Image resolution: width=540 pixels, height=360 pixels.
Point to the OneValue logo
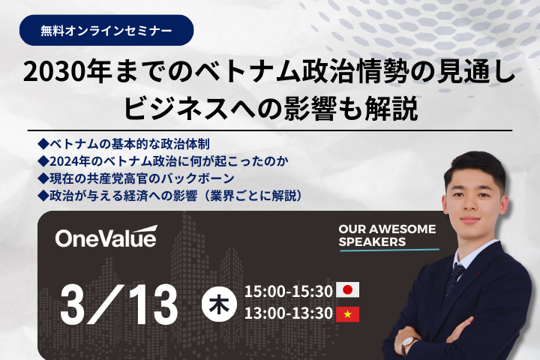coord(106,238)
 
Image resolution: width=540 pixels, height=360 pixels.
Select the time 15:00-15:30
coord(289,290)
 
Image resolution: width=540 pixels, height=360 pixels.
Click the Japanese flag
coord(348,290)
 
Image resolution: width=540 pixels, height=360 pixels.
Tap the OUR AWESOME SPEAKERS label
coord(386,235)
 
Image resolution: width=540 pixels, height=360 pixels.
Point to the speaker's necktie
coord(454,277)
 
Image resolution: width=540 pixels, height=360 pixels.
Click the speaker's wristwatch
coord(409,344)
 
